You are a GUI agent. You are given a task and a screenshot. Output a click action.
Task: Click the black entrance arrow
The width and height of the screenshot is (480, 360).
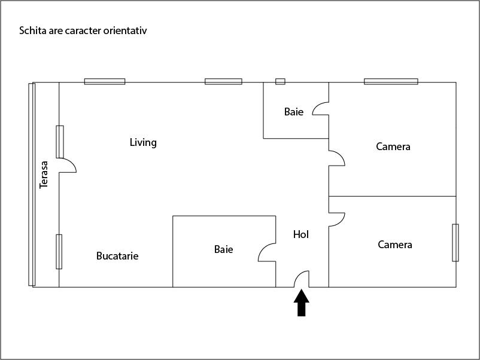point(302,302)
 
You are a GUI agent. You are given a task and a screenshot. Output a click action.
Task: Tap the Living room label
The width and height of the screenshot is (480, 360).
point(143,142)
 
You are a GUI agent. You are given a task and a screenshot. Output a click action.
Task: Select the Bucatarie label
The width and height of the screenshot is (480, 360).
point(117,256)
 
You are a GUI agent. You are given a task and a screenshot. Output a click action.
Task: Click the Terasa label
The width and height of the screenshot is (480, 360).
point(44,175)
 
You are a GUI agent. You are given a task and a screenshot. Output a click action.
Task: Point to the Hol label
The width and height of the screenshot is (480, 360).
point(301,234)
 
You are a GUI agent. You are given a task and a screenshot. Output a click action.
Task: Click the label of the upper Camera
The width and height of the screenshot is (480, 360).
point(393,147)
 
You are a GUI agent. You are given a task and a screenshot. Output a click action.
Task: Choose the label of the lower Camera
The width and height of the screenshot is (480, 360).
point(395,245)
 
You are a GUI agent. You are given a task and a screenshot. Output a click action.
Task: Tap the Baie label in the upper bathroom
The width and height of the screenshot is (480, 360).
point(294,112)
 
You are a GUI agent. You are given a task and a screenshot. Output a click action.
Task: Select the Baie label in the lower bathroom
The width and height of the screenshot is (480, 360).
point(224,249)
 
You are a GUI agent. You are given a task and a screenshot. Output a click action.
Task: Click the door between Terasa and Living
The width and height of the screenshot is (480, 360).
point(67,166)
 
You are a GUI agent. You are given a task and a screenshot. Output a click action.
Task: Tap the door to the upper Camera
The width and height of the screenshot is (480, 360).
point(336,158)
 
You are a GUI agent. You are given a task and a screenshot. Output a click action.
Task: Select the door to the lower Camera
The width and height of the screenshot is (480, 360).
point(336,219)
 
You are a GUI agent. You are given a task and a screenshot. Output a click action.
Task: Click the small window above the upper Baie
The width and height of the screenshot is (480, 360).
point(280,81)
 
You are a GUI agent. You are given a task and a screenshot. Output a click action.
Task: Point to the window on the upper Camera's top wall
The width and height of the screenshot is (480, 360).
point(391,81)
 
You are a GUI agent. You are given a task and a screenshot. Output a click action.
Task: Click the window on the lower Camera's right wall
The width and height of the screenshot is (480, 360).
point(455,242)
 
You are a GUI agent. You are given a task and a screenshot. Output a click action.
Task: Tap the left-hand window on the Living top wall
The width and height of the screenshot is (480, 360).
point(105,81)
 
